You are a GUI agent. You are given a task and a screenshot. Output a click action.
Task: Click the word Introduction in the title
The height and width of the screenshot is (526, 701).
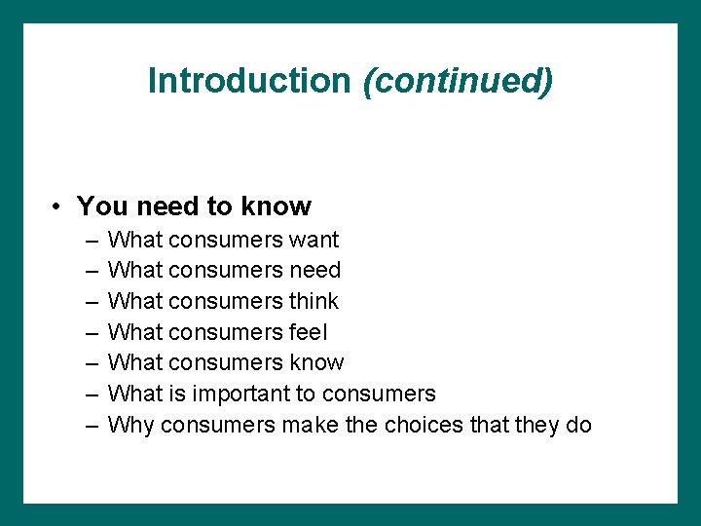[248, 80]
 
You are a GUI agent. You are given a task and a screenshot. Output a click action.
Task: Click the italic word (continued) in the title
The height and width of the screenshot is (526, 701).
[458, 80]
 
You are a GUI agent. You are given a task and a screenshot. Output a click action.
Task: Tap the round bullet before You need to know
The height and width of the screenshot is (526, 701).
[59, 207]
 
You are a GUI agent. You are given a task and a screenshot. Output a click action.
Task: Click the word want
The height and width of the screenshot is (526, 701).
[314, 240]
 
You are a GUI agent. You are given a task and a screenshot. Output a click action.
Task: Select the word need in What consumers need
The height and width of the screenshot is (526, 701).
[315, 270]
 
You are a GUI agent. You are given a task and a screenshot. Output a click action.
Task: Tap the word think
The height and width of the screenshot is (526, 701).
[314, 301]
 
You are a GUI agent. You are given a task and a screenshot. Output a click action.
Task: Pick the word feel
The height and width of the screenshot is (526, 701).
[309, 332]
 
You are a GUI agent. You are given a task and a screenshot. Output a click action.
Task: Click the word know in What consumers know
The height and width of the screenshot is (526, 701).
[316, 362]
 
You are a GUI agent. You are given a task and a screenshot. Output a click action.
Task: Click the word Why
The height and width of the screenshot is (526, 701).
[131, 425]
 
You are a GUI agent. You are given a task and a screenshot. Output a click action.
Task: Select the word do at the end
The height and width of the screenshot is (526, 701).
[577, 425]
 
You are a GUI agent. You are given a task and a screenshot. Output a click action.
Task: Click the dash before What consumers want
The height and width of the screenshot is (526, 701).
[91, 240]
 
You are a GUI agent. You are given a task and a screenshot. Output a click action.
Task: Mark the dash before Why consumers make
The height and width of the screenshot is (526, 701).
[91, 425]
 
